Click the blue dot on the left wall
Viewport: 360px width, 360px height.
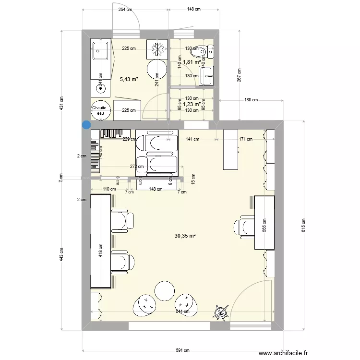(x=86, y=125)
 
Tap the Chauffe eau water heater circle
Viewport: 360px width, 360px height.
(x=100, y=111)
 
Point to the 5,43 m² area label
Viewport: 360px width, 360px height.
(x=129, y=79)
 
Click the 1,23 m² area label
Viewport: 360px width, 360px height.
(x=192, y=103)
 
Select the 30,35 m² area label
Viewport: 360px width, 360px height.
(x=186, y=236)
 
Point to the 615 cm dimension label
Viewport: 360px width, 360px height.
(x=303, y=225)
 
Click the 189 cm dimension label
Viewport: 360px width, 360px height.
(x=251, y=100)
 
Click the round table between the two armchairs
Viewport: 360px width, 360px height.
(x=165, y=290)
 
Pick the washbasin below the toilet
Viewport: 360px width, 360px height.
(x=206, y=76)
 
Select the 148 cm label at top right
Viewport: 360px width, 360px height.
(x=194, y=9)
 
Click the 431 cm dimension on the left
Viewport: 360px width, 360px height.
(x=61, y=103)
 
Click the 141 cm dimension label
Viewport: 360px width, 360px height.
(x=192, y=139)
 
